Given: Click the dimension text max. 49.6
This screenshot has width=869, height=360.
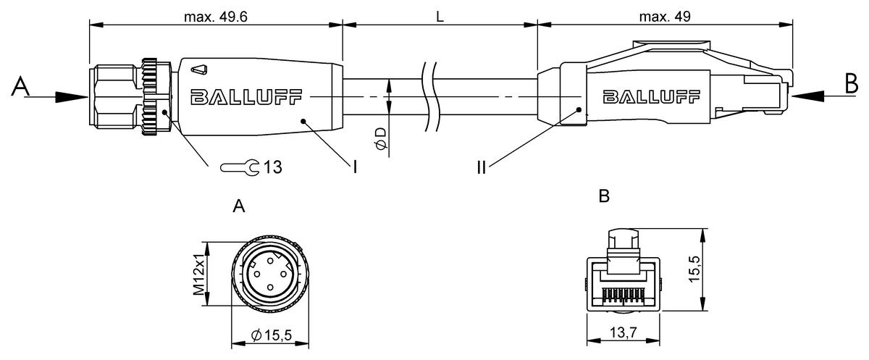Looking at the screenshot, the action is tap(216, 17).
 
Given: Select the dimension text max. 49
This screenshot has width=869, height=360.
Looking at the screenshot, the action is tap(665, 17).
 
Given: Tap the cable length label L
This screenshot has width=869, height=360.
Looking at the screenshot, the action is tap(440, 17).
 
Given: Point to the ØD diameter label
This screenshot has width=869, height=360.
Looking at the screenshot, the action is tap(382, 138).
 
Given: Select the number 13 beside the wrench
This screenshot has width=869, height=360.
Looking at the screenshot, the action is tap(273, 167).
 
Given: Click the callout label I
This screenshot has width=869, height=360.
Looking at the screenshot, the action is tap(355, 167).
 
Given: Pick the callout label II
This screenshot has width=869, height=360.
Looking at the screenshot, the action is tap(482, 167).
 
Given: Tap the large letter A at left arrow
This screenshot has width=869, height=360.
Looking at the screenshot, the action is tap(20, 86).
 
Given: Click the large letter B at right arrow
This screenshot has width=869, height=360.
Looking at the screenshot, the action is tap(852, 83).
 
